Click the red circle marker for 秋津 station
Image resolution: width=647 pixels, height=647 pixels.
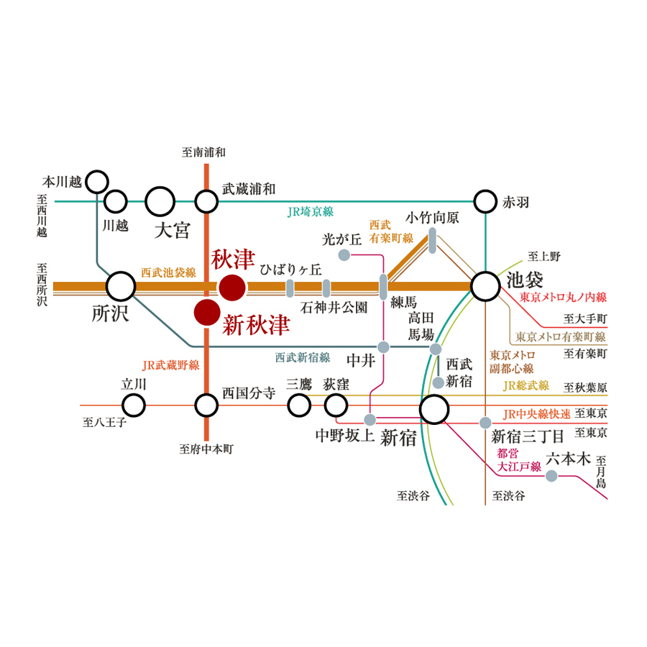232,288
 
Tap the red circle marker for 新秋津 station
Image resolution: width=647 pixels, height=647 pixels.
206,313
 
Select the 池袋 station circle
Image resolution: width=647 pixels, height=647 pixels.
486,287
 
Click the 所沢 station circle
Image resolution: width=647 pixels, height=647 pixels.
120,287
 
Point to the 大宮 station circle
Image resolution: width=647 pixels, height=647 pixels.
160,201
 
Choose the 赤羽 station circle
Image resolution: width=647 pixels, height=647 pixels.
486,201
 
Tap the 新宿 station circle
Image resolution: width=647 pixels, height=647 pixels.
434,410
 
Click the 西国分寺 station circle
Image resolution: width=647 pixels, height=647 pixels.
206,405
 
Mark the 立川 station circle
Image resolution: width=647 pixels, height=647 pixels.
134,405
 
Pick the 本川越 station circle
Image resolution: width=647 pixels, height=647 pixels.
97,182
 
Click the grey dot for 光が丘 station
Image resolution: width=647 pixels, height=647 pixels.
344,254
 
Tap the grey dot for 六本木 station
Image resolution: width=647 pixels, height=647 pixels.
551,476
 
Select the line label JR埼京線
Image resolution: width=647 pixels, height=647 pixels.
311,212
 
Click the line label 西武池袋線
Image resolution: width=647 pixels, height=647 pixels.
168,272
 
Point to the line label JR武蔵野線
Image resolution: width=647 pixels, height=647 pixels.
171,365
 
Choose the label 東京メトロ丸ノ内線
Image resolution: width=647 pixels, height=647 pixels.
564,297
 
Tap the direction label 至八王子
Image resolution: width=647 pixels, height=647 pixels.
105,423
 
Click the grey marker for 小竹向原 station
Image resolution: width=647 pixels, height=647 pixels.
433,241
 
